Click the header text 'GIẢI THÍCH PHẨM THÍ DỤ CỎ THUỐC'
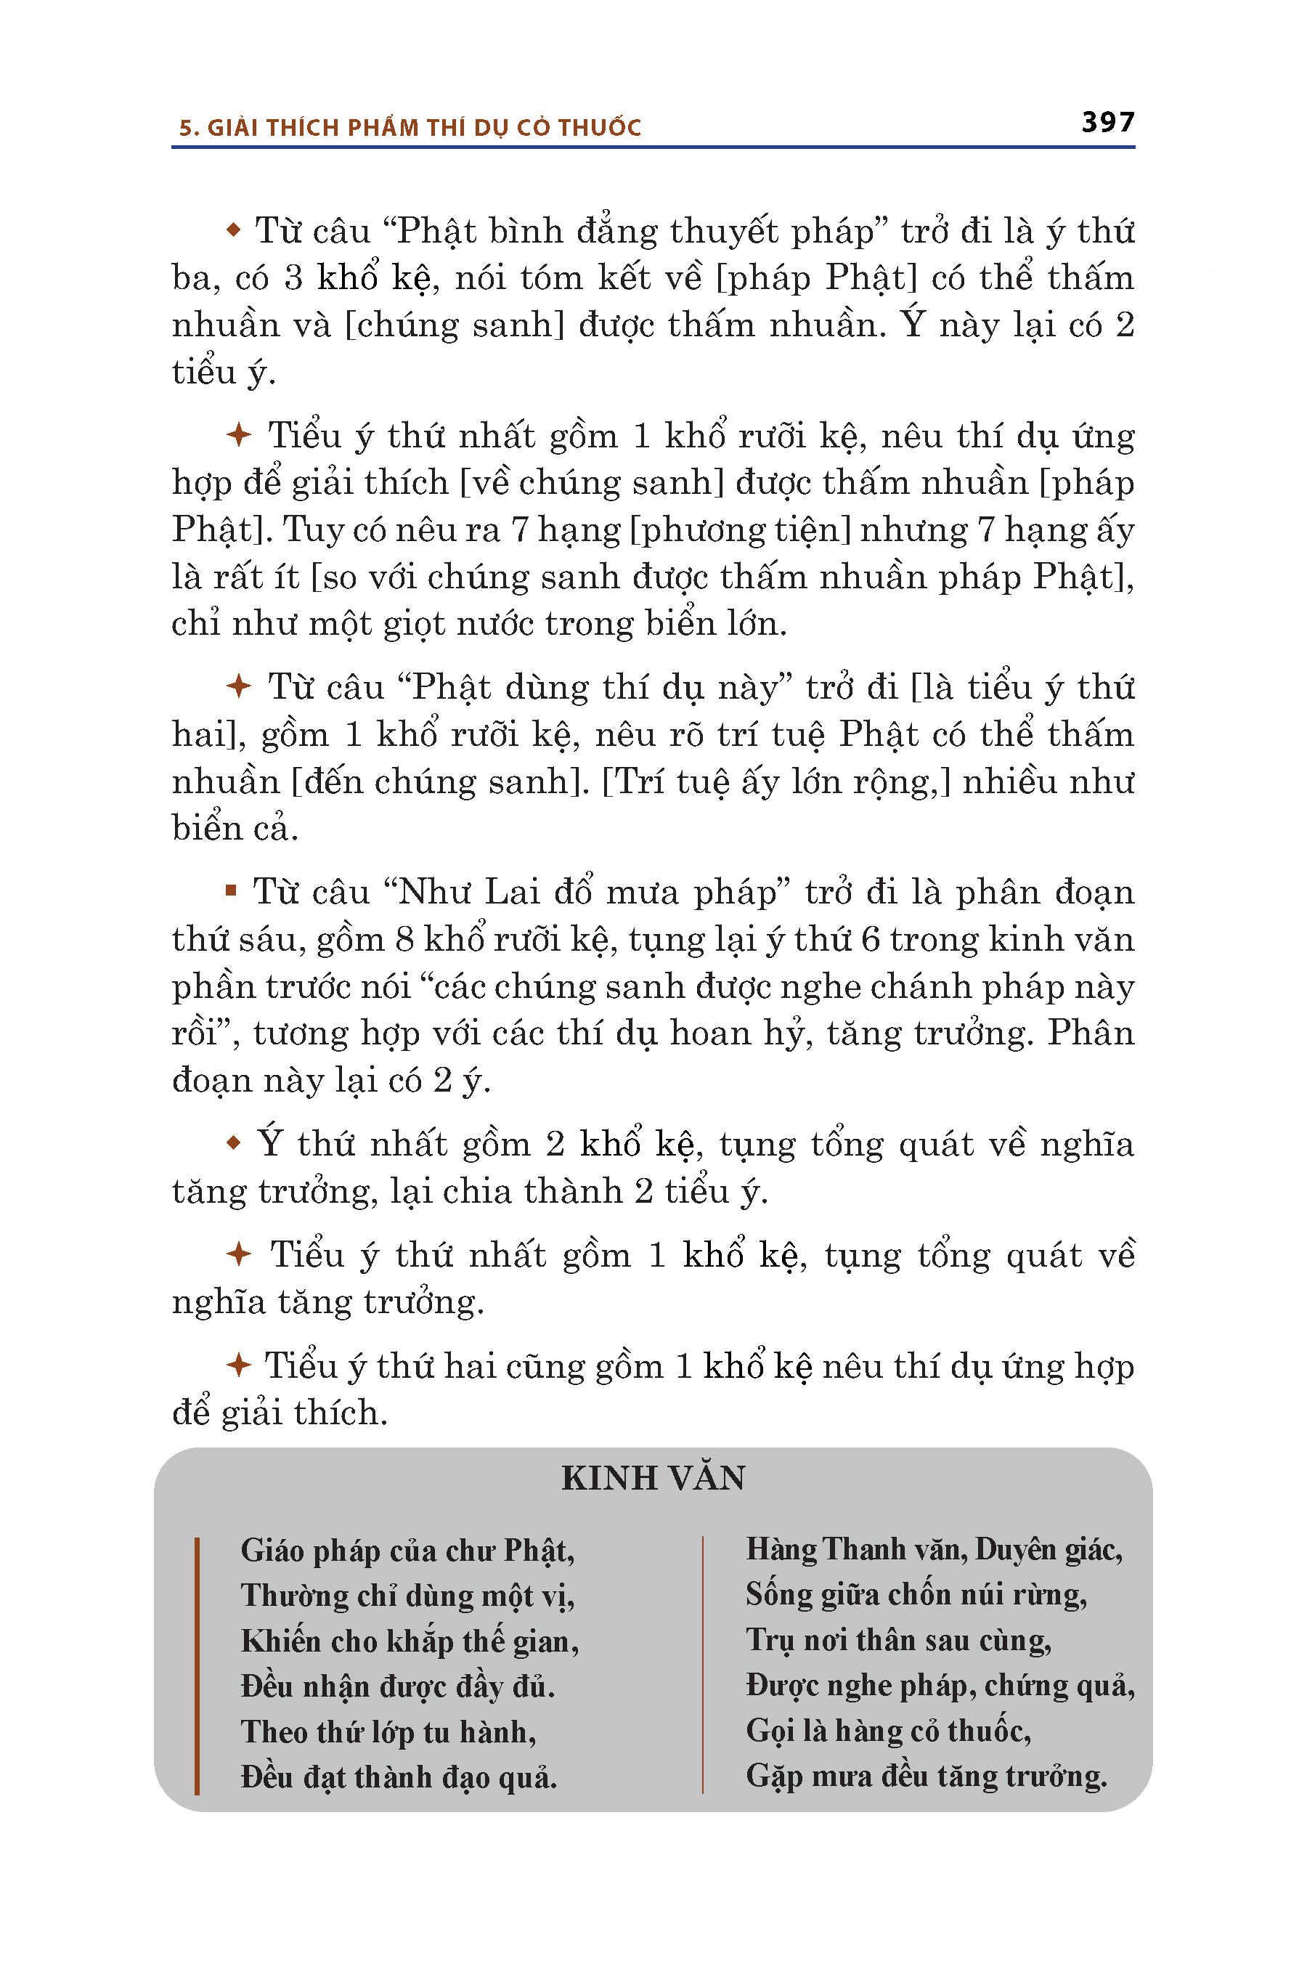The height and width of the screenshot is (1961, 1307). [423, 128]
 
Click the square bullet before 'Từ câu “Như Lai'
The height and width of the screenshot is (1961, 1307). [231, 891]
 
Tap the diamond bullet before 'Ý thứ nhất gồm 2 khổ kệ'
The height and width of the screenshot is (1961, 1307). [233, 1143]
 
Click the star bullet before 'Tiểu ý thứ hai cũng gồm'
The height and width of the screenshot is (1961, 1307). [238, 1365]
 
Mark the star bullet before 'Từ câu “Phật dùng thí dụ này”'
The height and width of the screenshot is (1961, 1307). [238, 687]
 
